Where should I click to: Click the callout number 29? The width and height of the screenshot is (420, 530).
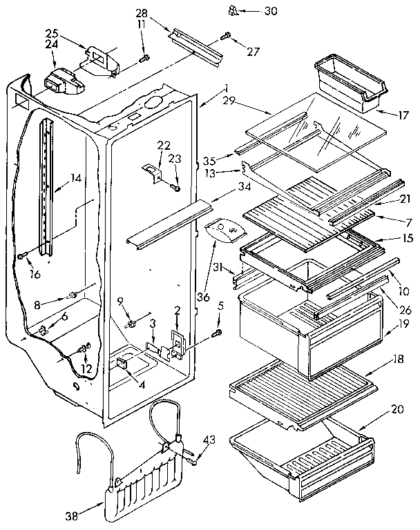[230, 101]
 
